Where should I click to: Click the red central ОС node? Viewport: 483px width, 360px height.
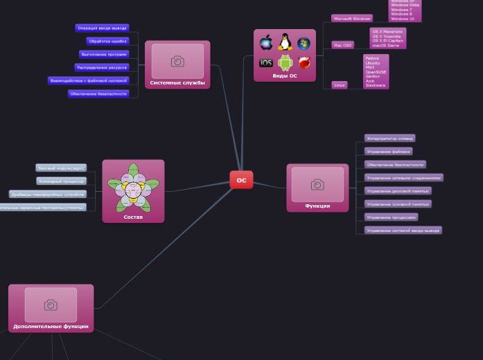click(x=241, y=180)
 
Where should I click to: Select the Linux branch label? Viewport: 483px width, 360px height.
click(x=339, y=85)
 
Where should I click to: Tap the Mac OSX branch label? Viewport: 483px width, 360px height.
click(x=342, y=45)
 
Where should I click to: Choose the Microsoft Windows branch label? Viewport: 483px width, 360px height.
click(x=351, y=19)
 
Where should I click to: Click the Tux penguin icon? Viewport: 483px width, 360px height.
click(x=285, y=43)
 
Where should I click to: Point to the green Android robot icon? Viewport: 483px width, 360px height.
click(x=285, y=63)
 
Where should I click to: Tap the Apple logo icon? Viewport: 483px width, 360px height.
click(x=266, y=43)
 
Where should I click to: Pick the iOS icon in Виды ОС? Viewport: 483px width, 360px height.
click(x=266, y=63)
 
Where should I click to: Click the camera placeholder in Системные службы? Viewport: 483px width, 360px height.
click(x=177, y=61)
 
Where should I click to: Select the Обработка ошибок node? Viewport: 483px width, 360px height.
click(x=107, y=41)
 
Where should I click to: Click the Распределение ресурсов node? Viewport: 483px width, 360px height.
click(x=102, y=67)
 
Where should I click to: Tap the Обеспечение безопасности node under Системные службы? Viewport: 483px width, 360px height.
click(x=98, y=93)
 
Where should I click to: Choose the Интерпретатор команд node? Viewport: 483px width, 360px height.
click(x=389, y=138)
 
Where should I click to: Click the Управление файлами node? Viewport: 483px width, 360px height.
click(x=388, y=151)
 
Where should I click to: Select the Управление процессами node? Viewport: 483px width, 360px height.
click(x=391, y=217)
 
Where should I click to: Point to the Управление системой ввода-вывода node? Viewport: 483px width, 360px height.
click(x=403, y=230)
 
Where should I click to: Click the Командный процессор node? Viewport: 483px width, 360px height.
click(x=61, y=181)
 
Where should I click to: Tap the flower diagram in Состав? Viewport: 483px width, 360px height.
click(x=133, y=188)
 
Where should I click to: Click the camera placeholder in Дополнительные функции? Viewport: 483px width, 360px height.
click(x=51, y=305)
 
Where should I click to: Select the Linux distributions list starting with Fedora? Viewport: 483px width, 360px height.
click(x=376, y=71)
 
